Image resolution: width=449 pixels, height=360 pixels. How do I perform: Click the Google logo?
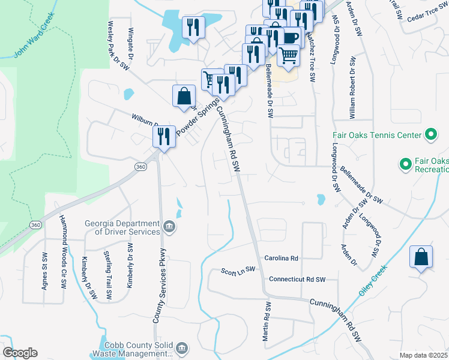coord(20,353)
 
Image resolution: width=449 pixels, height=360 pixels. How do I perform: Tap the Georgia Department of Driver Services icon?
coord(170,227)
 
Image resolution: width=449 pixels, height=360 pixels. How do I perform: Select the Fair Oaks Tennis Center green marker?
coord(430,135)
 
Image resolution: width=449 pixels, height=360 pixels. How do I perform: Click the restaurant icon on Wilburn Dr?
coord(164,137)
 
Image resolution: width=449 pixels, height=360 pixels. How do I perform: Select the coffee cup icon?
coord(291,37)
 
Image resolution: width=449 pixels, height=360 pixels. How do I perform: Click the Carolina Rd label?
coord(282,258)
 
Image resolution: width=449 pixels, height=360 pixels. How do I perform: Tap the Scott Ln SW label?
coord(238,271)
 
